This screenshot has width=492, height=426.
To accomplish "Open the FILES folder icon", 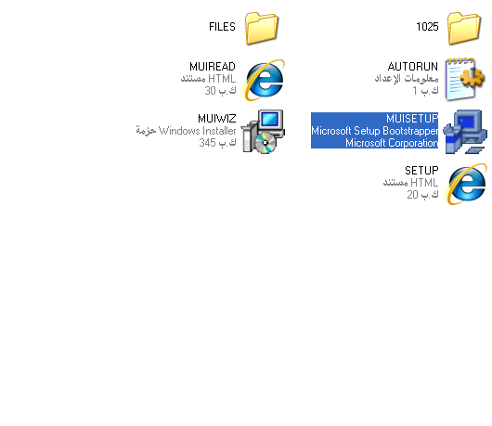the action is coord(262,28).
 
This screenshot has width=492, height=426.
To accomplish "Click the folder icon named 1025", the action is coord(464,28).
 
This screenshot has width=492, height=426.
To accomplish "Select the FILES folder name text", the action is coord(222,27).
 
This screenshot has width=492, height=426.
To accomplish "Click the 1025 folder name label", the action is coord(427,27).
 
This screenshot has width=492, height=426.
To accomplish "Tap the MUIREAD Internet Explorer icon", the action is coord(264,81).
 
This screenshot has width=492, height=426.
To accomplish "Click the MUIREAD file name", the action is coord(213,67).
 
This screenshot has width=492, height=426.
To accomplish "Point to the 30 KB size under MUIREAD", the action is coord(220,91).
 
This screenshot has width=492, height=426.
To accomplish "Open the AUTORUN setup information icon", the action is coord(465,80).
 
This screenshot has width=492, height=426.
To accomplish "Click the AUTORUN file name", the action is coord(413,67).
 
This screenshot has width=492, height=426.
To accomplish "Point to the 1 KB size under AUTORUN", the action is coord(425,91).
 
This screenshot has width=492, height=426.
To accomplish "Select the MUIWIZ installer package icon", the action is coord(263,132).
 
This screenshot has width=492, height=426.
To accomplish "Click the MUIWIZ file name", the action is coord(217,119).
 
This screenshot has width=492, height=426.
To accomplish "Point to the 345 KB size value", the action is coord(217,143).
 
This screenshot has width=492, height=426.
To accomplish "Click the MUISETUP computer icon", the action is coord(465,132).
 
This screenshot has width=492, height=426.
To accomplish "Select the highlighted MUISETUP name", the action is coord(412,119).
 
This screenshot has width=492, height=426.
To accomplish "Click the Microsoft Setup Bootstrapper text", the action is coord(375,131).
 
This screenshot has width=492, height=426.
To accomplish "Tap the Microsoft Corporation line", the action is coord(392,143).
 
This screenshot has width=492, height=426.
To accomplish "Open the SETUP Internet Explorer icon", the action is coord(466,184).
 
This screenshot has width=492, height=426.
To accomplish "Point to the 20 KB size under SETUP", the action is coord(422,195).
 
